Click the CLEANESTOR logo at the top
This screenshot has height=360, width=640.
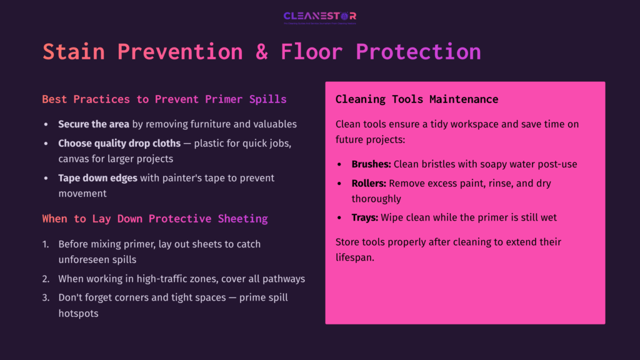(319, 16)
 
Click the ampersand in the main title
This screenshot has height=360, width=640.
(261, 51)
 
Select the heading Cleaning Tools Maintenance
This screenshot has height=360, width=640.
(416, 99)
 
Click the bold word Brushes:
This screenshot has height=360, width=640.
(371, 164)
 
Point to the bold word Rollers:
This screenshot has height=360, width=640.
(369, 184)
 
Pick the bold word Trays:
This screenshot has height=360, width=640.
(365, 217)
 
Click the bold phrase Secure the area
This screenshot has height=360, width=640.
(94, 124)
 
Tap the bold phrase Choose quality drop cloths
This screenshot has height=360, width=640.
(119, 143)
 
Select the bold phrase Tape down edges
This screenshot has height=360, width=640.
(97, 178)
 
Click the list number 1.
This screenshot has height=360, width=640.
(46, 244)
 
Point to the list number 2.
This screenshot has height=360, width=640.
(46, 279)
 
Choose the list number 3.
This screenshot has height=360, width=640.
(46, 297)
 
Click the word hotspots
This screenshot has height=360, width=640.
(79, 314)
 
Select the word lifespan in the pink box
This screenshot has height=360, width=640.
(355, 257)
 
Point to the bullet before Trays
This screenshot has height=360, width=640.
(339, 218)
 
